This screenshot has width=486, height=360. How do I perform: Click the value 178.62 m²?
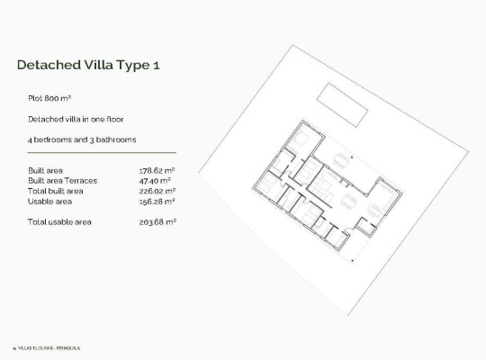[157, 169]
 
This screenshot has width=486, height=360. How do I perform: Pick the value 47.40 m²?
[157, 180]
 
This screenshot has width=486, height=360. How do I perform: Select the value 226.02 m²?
[157, 191]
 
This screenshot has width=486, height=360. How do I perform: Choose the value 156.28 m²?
[157, 201]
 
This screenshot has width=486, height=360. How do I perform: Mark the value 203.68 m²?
[157, 221]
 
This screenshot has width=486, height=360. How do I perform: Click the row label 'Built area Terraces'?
[62, 180]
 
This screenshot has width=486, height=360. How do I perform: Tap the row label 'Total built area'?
[56, 191]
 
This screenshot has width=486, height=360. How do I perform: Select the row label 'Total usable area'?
[59, 221]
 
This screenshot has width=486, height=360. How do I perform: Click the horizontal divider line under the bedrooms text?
[102, 153]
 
